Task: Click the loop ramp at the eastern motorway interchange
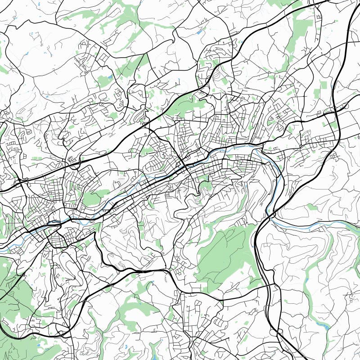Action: (x=344, y=107)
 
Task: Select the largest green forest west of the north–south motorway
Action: (x=225, y=256)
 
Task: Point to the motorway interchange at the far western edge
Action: (x=20, y=183)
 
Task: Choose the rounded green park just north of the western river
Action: (x=92, y=198)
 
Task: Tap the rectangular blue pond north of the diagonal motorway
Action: (x=199, y=32)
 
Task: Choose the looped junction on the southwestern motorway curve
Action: (x=84, y=301)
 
